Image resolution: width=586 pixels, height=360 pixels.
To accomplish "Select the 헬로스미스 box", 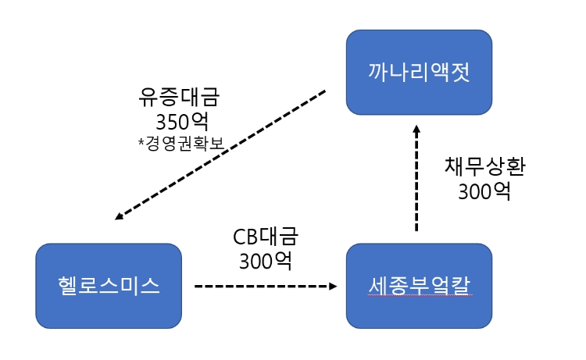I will (109, 286).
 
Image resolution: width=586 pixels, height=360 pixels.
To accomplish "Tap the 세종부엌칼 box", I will (420, 286).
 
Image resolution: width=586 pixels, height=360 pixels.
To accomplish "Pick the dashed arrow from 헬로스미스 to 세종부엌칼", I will (262, 287).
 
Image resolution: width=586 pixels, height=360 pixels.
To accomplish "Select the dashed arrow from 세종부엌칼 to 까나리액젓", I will (416, 180).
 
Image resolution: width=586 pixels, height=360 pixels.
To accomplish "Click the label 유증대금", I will (180, 98).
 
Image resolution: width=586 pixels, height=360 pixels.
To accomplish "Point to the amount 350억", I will (180, 123).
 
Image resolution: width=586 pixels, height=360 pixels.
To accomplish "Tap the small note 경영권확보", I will (184, 144).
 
